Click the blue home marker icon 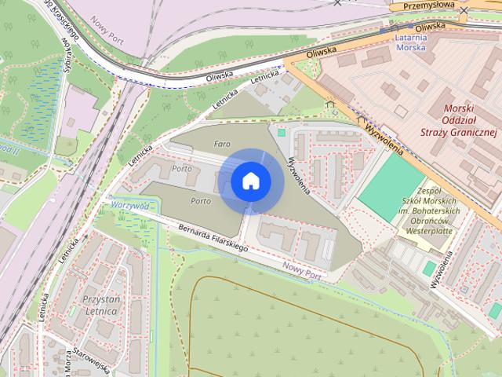pos(250,181)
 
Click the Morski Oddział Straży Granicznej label pos(470,121)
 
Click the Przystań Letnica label pos(100,306)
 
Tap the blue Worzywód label pos(130,205)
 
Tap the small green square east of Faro pos(282,132)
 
